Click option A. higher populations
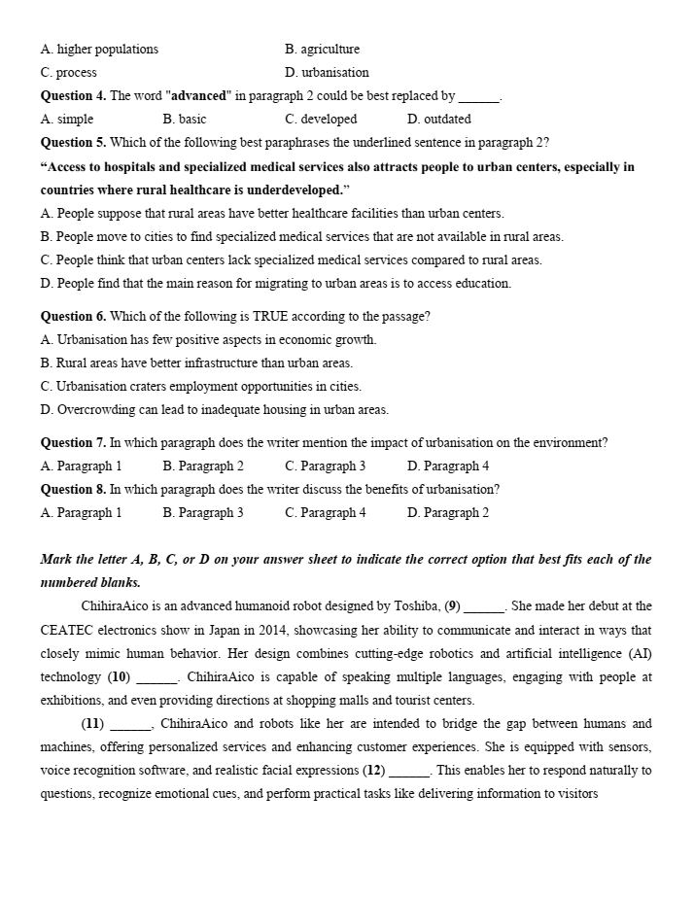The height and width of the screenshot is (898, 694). pyautogui.click(x=99, y=50)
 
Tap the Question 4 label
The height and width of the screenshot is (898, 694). pyautogui.click(x=73, y=95)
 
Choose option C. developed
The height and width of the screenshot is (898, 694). pyautogui.click(x=321, y=120)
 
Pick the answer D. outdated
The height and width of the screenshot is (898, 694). pyautogui.click(x=439, y=120)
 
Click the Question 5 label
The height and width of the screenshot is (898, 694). pyautogui.click(x=73, y=142)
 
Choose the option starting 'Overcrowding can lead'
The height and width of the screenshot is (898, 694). pyautogui.click(x=214, y=410)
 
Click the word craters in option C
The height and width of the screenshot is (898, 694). pyautogui.click(x=175, y=387)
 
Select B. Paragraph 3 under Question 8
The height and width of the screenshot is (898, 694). pyautogui.click(x=203, y=513)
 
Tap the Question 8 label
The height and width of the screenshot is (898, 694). pyautogui.click(x=73, y=490)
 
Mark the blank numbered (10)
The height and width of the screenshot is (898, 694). pyautogui.click(x=156, y=678)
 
